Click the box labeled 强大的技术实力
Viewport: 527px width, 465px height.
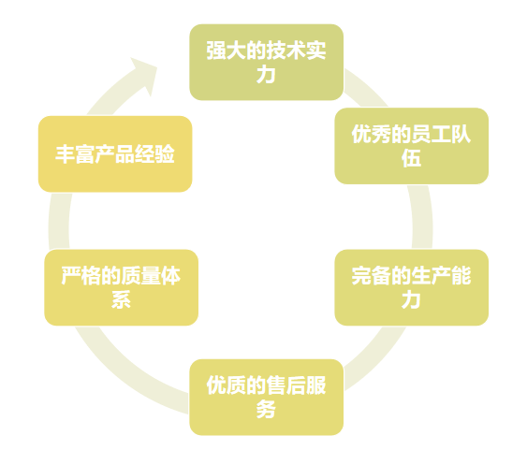(x=266, y=62)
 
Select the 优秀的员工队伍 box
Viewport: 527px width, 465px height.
(x=411, y=146)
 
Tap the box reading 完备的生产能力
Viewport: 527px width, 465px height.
(x=411, y=287)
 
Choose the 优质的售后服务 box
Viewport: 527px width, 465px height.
(x=266, y=397)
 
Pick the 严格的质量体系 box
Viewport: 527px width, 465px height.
(x=121, y=287)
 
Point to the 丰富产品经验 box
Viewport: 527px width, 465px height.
(x=115, y=154)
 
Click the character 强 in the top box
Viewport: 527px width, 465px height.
(x=216, y=51)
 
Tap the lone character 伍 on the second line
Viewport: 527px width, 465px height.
(x=411, y=158)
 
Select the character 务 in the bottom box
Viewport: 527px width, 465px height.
(x=266, y=409)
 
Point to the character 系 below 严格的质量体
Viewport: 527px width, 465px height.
(x=121, y=299)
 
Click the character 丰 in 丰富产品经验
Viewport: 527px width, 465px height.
(x=66, y=154)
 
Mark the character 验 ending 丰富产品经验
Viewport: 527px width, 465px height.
(x=165, y=154)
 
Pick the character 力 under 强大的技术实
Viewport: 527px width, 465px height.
(x=266, y=74)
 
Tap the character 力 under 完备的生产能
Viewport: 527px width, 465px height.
(x=411, y=299)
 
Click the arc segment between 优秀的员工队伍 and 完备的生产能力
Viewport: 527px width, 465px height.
(x=421, y=217)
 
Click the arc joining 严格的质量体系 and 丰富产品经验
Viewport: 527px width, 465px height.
(x=60, y=221)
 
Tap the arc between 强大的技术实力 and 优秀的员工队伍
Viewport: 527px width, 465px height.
(x=365, y=88)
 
